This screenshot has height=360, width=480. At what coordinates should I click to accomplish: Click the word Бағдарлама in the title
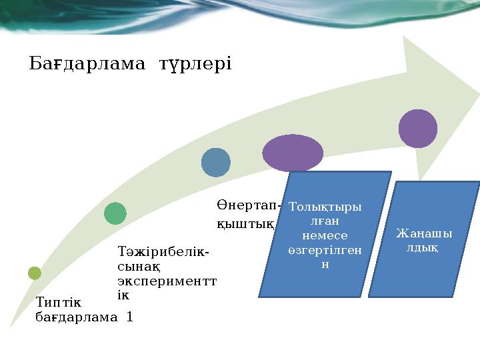point(87,64)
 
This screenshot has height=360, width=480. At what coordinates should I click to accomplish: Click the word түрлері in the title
point(195,64)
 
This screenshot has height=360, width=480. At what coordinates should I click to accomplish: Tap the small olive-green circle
point(35,273)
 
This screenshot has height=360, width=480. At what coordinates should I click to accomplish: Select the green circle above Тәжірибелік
point(115,213)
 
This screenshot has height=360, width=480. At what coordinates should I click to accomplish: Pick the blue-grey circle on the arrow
point(216,162)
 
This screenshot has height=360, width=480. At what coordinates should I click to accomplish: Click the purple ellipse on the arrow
point(293,153)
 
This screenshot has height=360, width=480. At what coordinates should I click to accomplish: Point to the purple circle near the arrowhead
point(418,128)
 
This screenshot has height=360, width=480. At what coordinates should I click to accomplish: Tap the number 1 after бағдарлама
point(129,317)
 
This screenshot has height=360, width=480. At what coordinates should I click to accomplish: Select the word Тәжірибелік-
point(163,253)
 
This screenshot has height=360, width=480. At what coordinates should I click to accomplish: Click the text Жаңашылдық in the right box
point(424,241)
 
